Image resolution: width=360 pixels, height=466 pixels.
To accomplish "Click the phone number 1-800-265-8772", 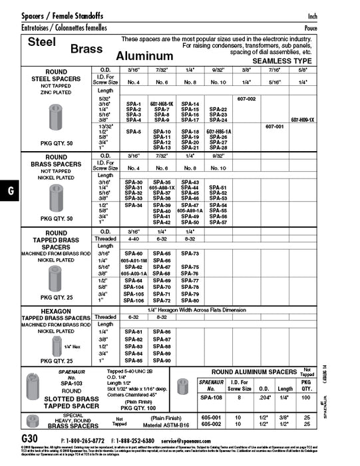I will point(84,441).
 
